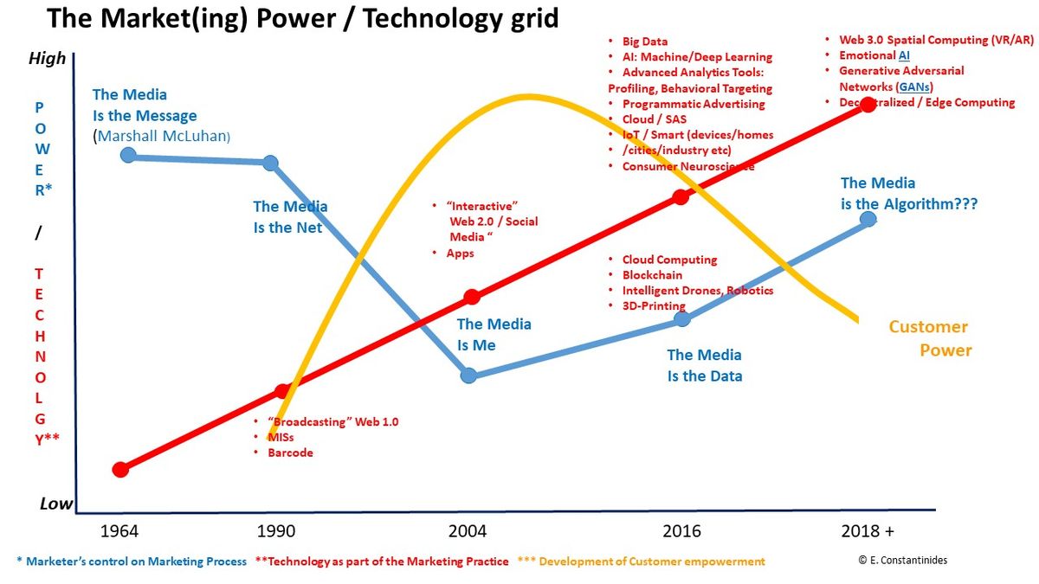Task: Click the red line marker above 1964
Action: pyautogui.click(x=120, y=469)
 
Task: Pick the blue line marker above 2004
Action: pyautogui.click(x=468, y=375)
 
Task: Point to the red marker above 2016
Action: pyautogui.click(x=681, y=196)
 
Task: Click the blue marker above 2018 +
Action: pyautogui.click(x=868, y=219)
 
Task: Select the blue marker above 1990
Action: pyautogui.click(x=270, y=163)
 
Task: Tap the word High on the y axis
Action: pyautogui.click(x=47, y=59)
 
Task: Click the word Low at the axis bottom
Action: pyautogui.click(x=56, y=504)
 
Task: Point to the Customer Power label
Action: pyautogui.click(x=929, y=338)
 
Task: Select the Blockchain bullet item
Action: pyautogui.click(x=652, y=275)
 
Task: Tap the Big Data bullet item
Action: pyautogui.click(x=645, y=42)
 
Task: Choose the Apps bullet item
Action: pyautogui.click(x=460, y=253)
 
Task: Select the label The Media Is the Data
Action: pyautogui.click(x=704, y=365)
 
